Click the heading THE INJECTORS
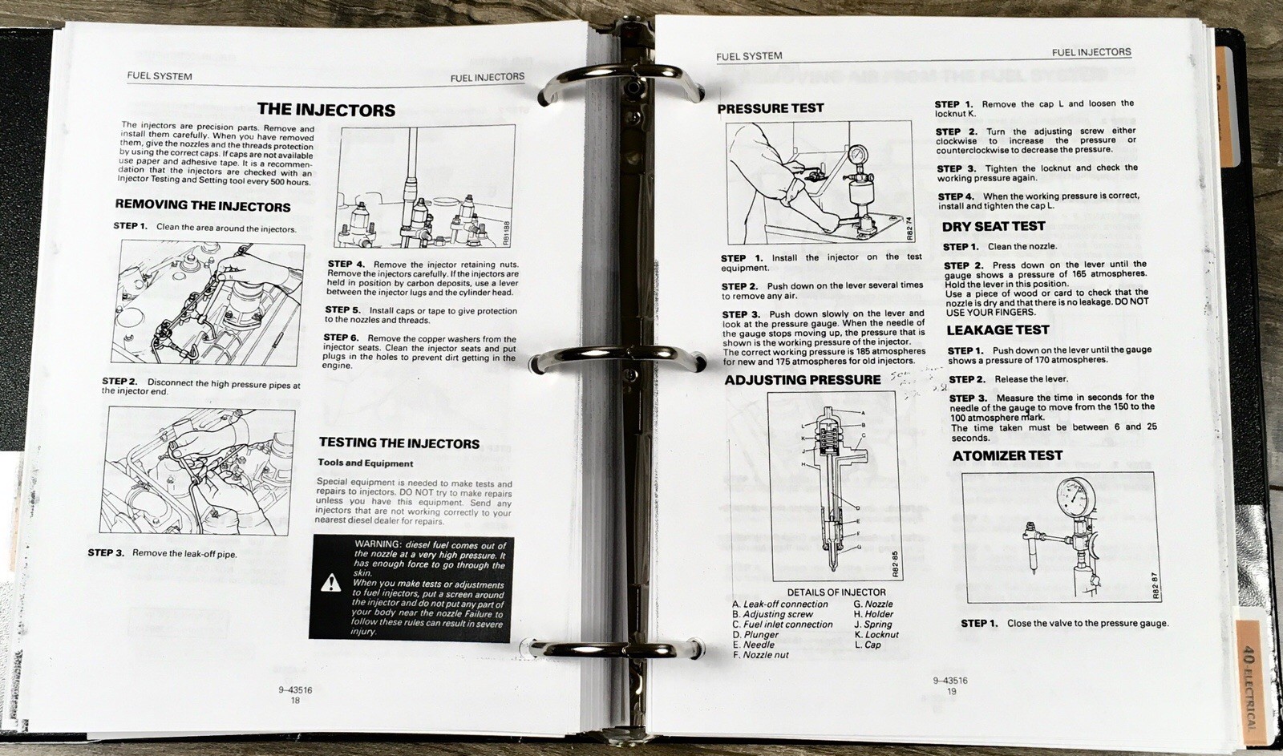(x=326, y=110)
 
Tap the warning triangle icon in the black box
(x=330, y=583)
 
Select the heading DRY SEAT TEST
(x=994, y=227)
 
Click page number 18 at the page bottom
(x=294, y=700)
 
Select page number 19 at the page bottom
(x=951, y=691)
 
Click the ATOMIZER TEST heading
(x=1007, y=456)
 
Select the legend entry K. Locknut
(x=876, y=634)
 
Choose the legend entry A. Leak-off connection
(x=779, y=604)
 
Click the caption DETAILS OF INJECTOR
(x=836, y=592)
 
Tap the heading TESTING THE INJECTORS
(x=399, y=443)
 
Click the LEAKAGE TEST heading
(x=998, y=330)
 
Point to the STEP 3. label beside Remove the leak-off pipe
(x=106, y=552)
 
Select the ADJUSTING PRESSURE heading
(x=802, y=380)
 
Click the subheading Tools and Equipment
(x=365, y=463)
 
